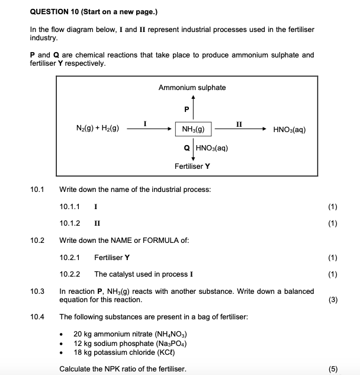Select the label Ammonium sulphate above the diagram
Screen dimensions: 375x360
(x=192, y=88)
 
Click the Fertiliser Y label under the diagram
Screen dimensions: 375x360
(x=192, y=166)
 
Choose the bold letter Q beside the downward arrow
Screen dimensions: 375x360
(x=187, y=148)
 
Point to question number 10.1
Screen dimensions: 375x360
(x=37, y=190)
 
